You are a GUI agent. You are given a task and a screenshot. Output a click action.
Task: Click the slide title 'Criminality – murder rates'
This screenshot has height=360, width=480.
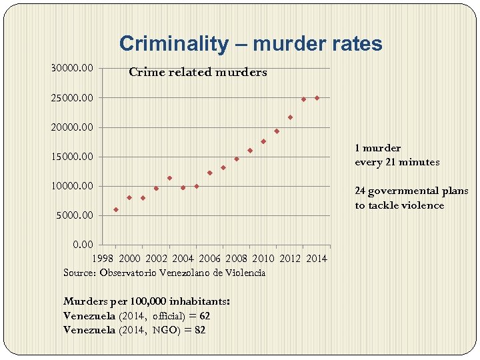tap(251, 44)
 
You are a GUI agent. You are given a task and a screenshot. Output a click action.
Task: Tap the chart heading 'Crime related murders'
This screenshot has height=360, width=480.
tap(197, 72)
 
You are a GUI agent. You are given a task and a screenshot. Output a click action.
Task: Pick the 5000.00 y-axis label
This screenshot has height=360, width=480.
tap(75, 215)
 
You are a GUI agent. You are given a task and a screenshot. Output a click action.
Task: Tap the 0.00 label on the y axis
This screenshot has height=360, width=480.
tap(83, 245)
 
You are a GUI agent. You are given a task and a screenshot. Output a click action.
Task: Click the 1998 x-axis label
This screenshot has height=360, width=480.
tap(103, 259)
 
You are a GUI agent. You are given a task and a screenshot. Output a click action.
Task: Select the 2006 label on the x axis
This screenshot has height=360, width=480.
tap(209, 259)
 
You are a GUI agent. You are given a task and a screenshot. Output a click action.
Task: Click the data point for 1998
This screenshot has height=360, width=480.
tap(116, 209)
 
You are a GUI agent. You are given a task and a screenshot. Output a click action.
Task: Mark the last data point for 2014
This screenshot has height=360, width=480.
tap(317, 98)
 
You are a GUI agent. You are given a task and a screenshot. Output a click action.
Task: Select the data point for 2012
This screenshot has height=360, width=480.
tap(290, 117)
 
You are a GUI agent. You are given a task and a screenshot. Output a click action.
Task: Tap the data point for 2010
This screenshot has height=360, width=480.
tap(263, 141)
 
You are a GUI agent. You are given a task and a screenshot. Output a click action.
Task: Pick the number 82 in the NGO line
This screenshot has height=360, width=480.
tap(199, 329)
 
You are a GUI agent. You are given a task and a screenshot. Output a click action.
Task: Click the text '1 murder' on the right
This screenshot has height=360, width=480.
tap(377, 148)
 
